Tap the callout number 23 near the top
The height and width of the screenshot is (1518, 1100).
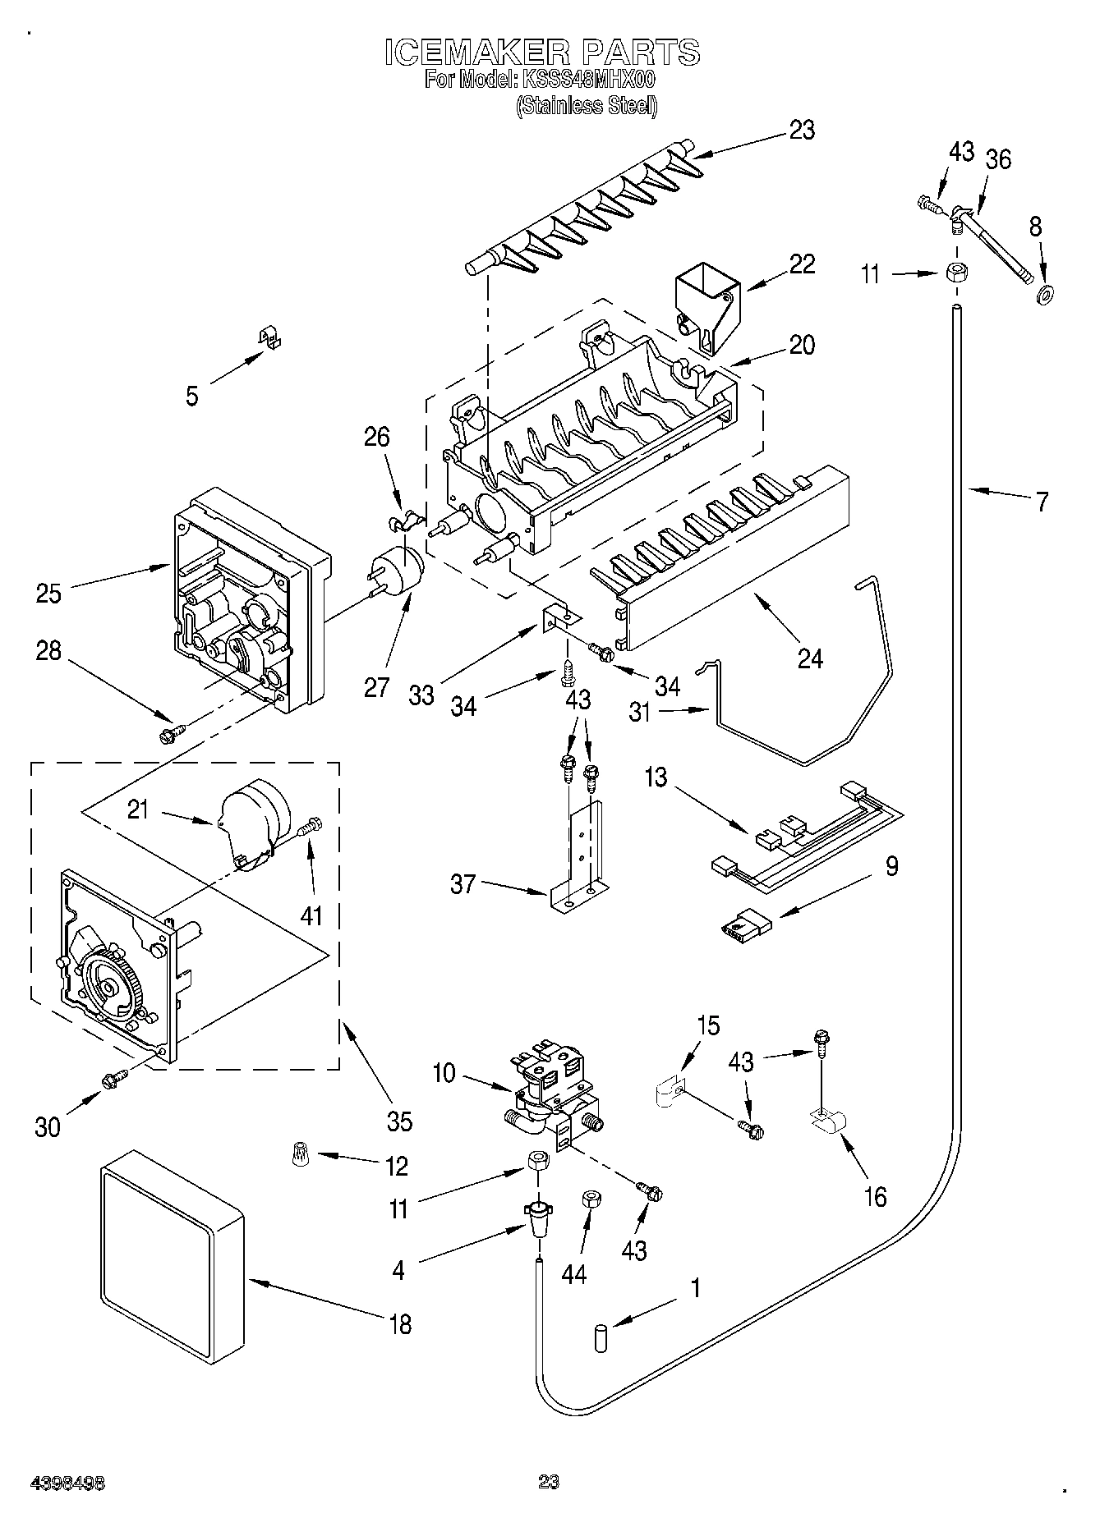coord(801,131)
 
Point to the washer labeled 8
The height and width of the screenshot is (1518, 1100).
coord(1046,292)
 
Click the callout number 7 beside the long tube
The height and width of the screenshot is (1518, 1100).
coord(1042,502)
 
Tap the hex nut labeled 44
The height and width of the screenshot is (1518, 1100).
coord(589,1200)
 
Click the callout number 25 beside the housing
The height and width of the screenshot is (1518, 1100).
coord(48,593)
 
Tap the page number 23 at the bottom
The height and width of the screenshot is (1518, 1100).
coord(548,1482)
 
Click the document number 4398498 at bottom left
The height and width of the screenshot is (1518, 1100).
coord(68,1484)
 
